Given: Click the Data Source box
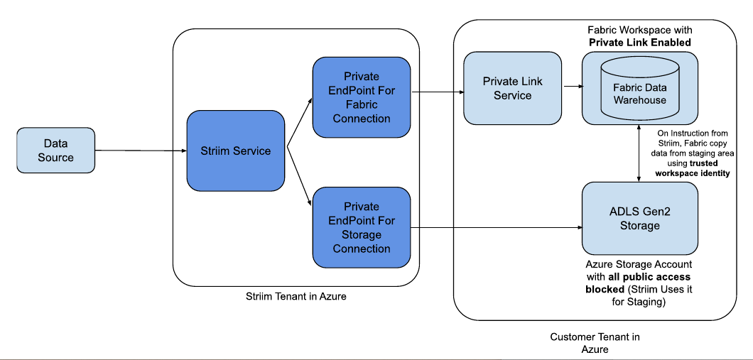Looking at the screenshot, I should click(x=55, y=150).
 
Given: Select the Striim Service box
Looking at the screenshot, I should click(x=235, y=151).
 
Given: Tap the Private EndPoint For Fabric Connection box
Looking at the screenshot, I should click(x=362, y=97).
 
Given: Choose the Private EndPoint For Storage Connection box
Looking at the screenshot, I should click(x=362, y=227).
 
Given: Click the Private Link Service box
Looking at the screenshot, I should click(x=512, y=88).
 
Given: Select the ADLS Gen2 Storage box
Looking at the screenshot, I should click(x=639, y=219).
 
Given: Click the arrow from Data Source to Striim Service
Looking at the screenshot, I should click(x=140, y=151).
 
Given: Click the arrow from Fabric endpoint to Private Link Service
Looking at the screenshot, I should click(x=437, y=92).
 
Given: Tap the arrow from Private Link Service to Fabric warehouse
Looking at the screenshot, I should click(x=572, y=87).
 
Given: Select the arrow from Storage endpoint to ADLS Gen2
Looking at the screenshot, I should click(x=497, y=228).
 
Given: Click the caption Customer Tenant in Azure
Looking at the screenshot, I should click(x=594, y=343).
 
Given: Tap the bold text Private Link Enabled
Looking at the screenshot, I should click(x=639, y=43).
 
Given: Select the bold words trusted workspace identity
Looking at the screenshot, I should click(x=693, y=168).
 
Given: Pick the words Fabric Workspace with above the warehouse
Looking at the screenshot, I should click(x=639, y=31).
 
